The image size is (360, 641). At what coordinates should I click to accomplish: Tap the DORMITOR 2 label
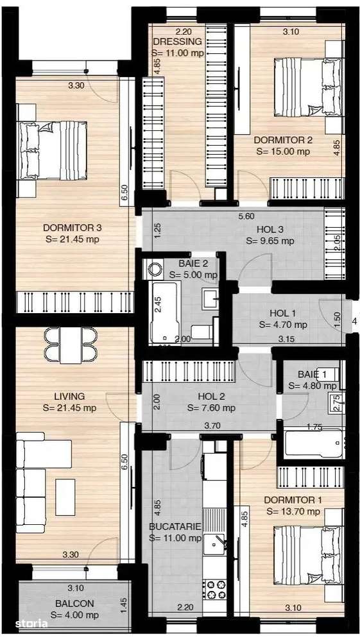pyautogui.click(x=282, y=140)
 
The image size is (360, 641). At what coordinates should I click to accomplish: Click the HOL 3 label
pyautogui.click(x=270, y=229)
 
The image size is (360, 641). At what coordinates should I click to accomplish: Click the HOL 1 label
pyautogui.click(x=283, y=313)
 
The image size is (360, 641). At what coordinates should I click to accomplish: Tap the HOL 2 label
pyautogui.click(x=211, y=396)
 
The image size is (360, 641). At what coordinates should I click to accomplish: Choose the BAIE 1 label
pyautogui.click(x=312, y=374)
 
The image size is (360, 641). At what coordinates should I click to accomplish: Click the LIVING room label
pyautogui.click(x=70, y=396)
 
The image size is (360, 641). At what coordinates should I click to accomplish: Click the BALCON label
pyautogui.click(x=74, y=603)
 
